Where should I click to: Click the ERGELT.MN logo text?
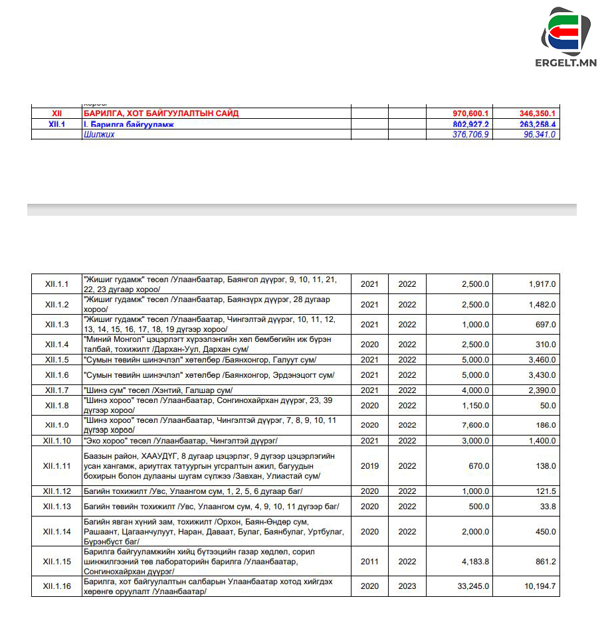[x=565, y=63]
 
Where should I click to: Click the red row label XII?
[x=56, y=114]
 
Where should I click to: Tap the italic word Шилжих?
[x=99, y=134]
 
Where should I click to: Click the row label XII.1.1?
[x=57, y=284]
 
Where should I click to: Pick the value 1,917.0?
[x=542, y=284]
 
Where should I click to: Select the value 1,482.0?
[x=542, y=305]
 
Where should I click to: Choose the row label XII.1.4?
[x=57, y=345]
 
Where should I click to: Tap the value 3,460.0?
[x=542, y=360]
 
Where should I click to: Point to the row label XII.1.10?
[x=57, y=441]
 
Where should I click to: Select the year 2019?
[x=369, y=466]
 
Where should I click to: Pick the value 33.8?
[x=548, y=507]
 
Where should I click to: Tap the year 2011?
[x=369, y=562]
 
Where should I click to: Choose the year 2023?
[x=407, y=586]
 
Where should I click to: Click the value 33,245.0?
[x=473, y=586]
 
